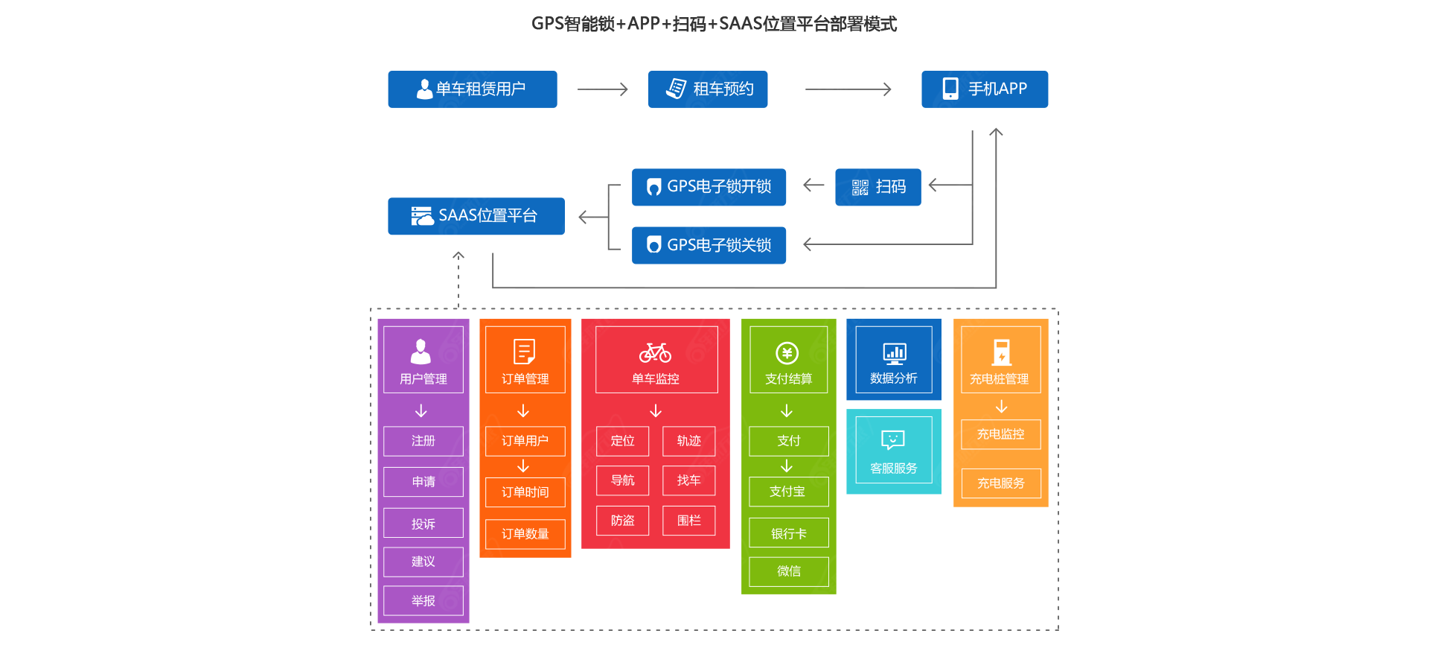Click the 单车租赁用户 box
coord(472,89)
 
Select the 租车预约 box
coord(707,89)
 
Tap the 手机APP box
coord(984,89)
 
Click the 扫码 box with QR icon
coord(877,187)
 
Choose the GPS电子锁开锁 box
coord(709,187)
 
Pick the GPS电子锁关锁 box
coord(709,245)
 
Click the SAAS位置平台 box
coord(476,216)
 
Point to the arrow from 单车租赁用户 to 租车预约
coord(602,89)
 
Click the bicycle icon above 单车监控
coord(655,352)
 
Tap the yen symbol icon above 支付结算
coord(787,353)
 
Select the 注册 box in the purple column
coord(423,441)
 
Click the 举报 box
coord(423,600)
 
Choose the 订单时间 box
coord(525,492)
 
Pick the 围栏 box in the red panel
coord(688,521)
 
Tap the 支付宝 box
coord(788,492)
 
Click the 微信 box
coord(788,571)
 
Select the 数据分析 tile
coord(893,360)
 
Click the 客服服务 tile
coord(893,451)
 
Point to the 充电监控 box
coord(1000,434)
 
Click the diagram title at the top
coord(714,24)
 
